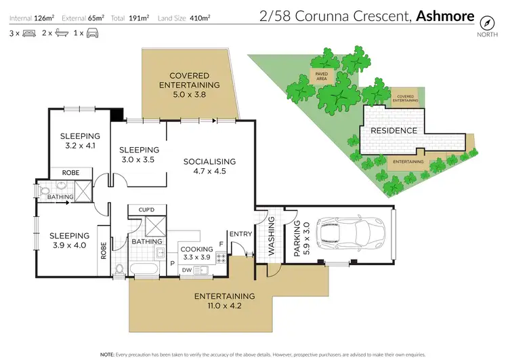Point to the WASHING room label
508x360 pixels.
pos(272,236)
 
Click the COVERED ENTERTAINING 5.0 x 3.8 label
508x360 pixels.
pos(190,85)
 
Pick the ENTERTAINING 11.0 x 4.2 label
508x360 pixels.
pos(225,301)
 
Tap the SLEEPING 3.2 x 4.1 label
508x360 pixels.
pos(80,140)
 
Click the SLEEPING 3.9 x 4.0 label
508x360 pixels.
pos(69,241)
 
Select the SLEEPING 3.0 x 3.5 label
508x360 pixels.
pos(139,155)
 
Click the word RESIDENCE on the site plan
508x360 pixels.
pos(394,130)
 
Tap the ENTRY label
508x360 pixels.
pos(240,235)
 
